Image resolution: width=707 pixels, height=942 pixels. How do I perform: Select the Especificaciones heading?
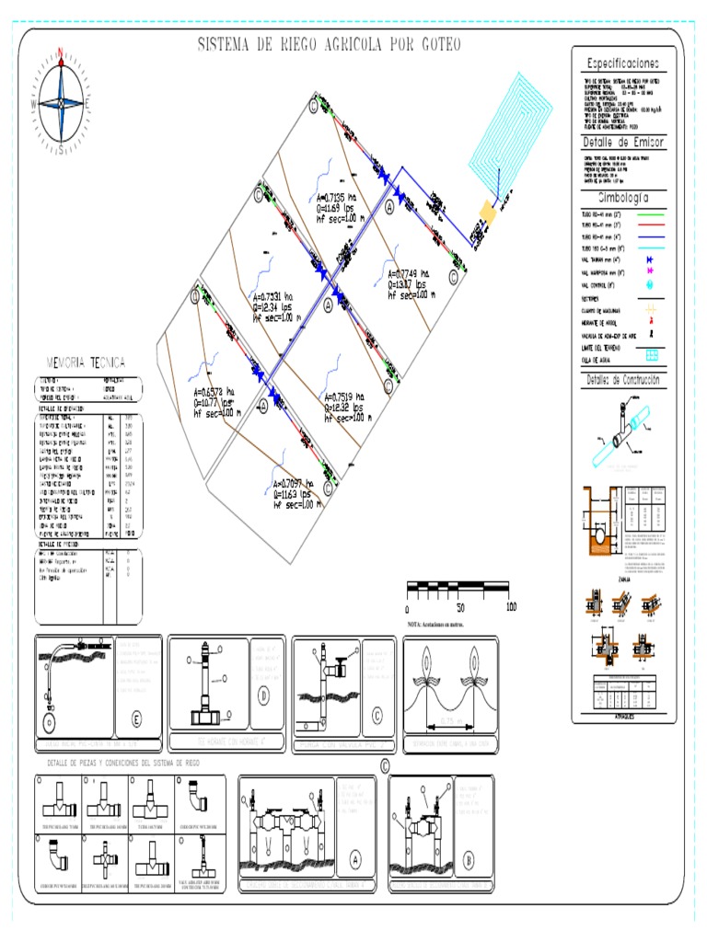pyautogui.click(x=622, y=63)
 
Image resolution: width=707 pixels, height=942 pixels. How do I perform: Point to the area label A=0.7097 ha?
pyautogui.click(x=300, y=482)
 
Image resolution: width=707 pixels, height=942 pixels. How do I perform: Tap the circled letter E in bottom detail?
pyautogui.click(x=137, y=718)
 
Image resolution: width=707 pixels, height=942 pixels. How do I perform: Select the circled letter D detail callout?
pyautogui.click(x=263, y=696)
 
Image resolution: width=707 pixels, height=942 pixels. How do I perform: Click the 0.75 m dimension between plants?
pyautogui.click(x=450, y=720)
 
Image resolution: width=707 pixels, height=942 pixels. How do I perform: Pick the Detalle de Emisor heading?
pyautogui.click(x=622, y=143)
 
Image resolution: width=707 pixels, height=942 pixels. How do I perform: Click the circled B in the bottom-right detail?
pyautogui.click(x=468, y=862)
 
